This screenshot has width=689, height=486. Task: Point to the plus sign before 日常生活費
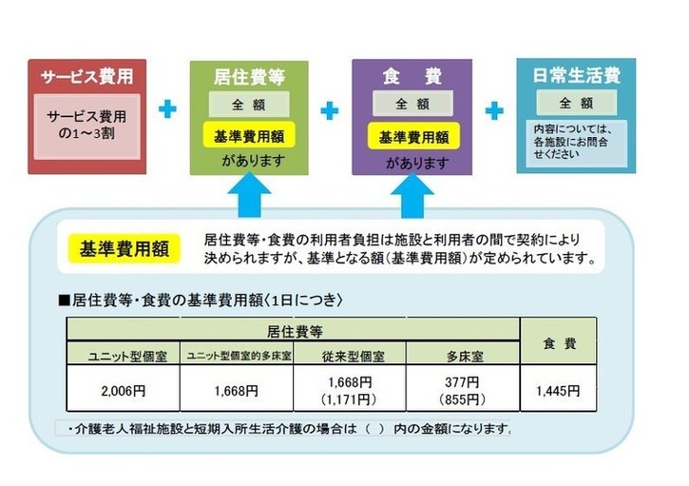point(493,110)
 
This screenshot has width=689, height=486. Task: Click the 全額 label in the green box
point(250,104)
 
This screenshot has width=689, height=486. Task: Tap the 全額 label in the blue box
point(575,103)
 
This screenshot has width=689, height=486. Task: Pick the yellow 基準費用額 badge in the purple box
point(412,136)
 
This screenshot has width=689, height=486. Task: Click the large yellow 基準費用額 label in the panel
point(124,250)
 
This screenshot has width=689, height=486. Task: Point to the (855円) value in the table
point(465,399)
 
